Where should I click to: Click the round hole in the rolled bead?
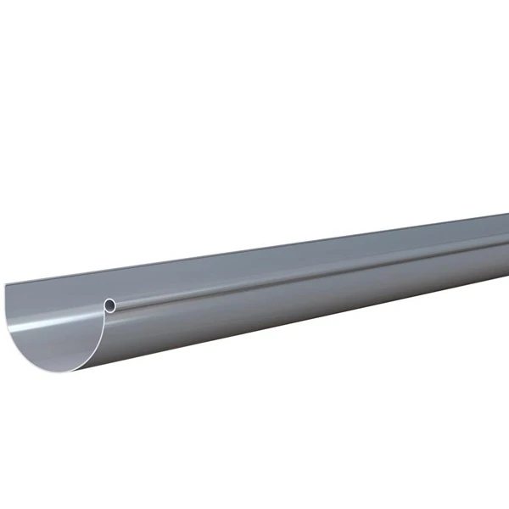point(110,303)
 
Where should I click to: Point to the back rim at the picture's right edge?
point(506,215)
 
